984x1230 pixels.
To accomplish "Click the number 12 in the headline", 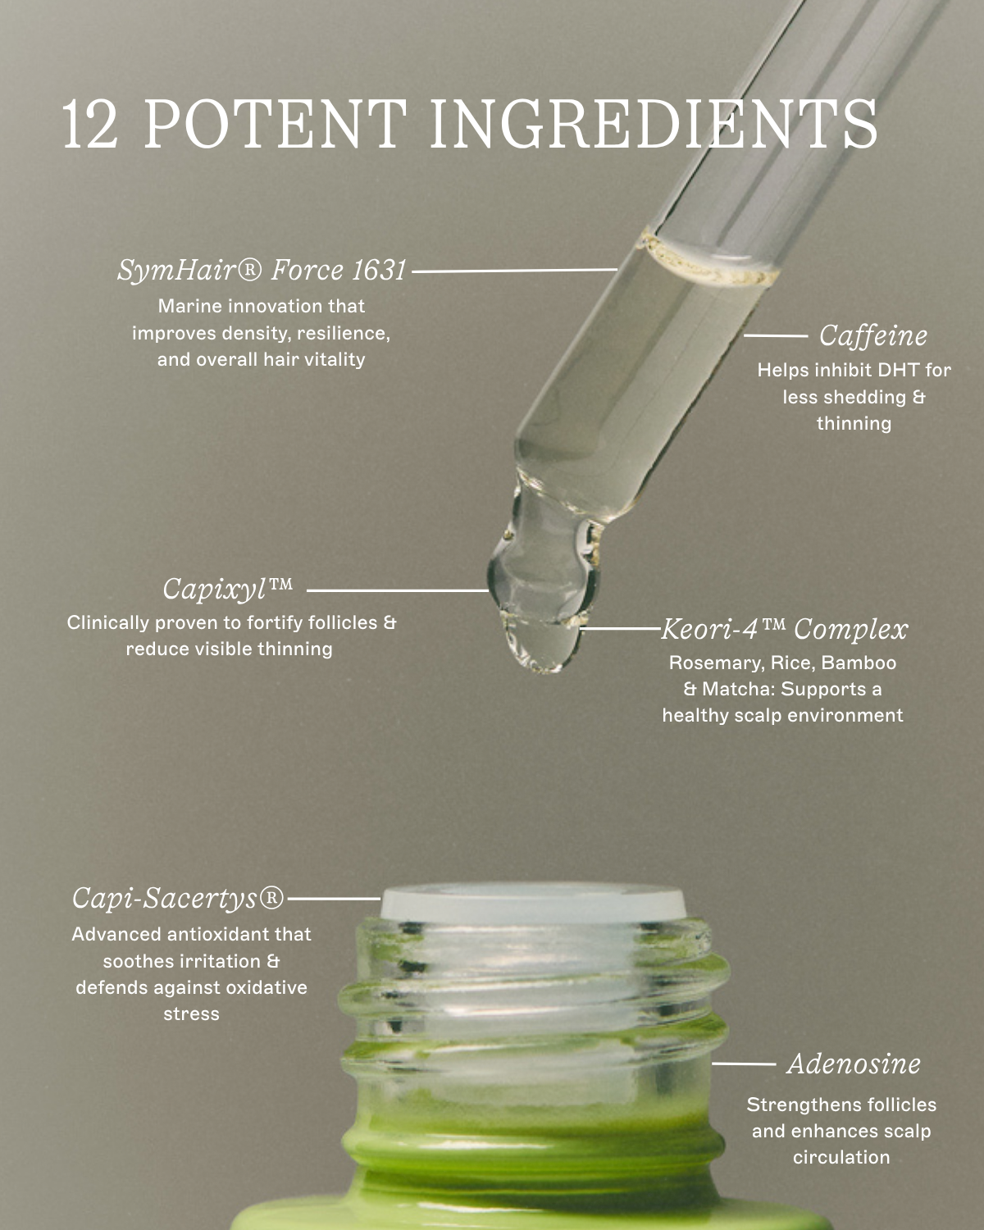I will (x=90, y=125).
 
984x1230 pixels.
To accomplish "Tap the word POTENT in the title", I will (x=276, y=125).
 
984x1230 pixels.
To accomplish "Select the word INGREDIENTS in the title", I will (x=654, y=125).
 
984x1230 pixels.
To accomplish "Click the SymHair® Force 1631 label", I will (x=262, y=270).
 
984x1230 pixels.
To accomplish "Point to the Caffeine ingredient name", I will (x=873, y=335).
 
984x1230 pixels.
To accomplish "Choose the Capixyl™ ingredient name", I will (x=227, y=589).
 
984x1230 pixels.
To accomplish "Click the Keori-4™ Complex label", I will (x=784, y=630).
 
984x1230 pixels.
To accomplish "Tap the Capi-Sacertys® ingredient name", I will (x=178, y=898).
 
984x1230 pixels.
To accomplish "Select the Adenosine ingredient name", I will (x=854, y=1064).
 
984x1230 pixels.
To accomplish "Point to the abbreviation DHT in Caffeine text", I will (x=899, y=370).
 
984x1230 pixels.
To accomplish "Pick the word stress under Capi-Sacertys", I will (x=191, y=1014).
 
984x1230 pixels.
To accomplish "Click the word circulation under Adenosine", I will (x=840, y=1157).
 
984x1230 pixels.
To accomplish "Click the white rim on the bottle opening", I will (x=533, y=902).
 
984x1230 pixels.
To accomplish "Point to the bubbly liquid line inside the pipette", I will (x=709, y=263).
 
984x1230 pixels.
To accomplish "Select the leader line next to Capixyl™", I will (x=397, y=590).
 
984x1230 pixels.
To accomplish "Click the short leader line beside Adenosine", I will (x=744, y=1064).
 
